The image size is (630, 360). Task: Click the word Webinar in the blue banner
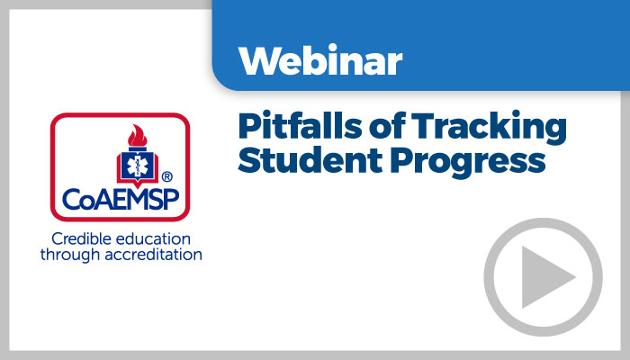click(320, 60)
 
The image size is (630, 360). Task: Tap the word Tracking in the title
click(489, 128)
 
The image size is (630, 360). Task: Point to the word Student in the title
click(310, 160)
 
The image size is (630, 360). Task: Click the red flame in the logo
click(138, 136)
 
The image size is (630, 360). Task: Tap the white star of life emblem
click(138, 165)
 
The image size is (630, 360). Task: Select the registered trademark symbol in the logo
click(166, 176)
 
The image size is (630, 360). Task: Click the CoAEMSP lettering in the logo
click(121, 199)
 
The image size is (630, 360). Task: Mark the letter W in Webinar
click(260, 61)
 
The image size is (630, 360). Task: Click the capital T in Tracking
click(423, 126)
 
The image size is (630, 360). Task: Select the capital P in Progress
click(400, 160)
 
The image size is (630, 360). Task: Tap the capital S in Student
click(248, 160)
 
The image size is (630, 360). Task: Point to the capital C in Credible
click(57, 239)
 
